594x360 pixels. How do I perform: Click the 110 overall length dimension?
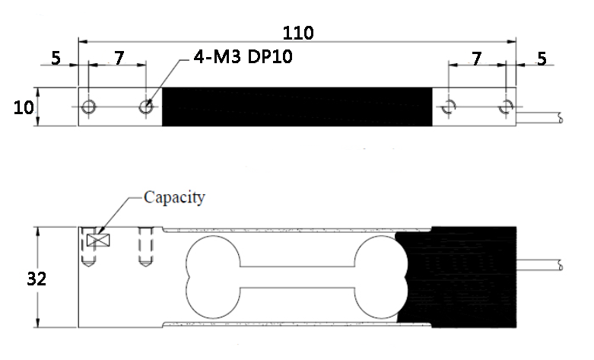tap(298, 33)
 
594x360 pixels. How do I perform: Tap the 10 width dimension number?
tap(24, 107)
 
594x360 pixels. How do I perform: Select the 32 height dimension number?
tap(37, 279)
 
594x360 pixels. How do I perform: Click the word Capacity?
tap(174, 197)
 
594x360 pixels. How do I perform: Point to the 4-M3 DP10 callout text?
tap(243, 57)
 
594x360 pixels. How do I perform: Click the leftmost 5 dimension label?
tap(56, 58)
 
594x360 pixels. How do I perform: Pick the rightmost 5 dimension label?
tap(542, 59)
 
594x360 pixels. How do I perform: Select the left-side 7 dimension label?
tap(119, 58)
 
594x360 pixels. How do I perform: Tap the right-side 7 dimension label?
tap(477, 59)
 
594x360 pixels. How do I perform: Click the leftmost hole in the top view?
tap(89, 107)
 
